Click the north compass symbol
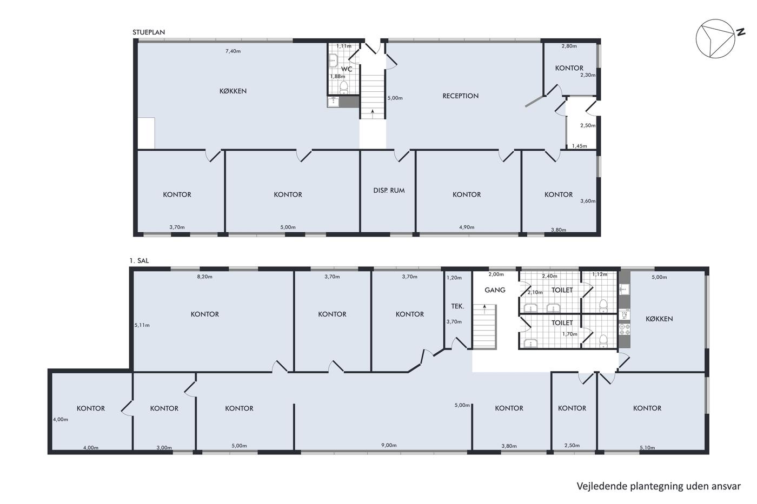coord(715,38)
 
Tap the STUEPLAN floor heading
coord(149,32)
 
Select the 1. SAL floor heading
coord(139,260)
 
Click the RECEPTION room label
coord(460,96)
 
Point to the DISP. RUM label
coord(389,190)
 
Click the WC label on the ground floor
coord(347,69)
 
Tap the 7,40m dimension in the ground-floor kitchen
coord(233,51)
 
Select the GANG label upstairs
coord(495,290)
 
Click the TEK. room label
coord(457,306)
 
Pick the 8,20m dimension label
coord(205,277)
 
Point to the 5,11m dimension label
coord(142,325)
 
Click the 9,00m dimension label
coord(389,445)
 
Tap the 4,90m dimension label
coord(467,227)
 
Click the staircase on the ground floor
coord(373,97)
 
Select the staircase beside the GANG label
coord(484,326)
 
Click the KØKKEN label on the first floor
coord(659,319)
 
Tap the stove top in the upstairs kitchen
coord(625,329)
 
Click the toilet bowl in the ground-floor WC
coord(344,88)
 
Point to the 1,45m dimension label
coord(579,146)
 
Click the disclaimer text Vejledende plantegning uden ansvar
coord(659,486)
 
